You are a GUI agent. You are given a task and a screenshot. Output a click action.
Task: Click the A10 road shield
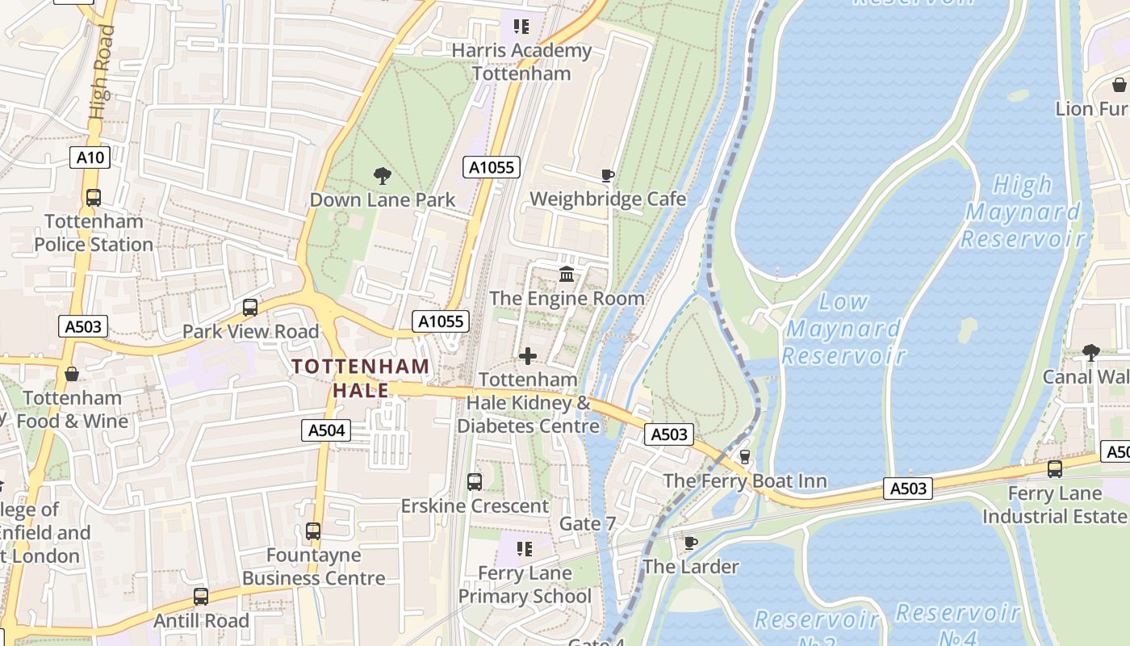(90, 157)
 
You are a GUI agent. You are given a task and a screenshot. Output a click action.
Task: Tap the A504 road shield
(327, 430)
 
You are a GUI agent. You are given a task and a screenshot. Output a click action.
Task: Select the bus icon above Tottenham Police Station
(94, 198)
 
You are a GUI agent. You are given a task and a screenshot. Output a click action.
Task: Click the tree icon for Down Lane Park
(383, 176)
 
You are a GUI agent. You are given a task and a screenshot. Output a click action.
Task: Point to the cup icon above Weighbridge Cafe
(608, 176)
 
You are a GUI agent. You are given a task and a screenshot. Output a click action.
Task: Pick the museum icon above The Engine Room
(567, 275)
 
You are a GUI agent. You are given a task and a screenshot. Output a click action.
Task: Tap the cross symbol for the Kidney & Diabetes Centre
(528, 356)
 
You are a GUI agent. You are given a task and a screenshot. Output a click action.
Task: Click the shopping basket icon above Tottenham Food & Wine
(72, 375)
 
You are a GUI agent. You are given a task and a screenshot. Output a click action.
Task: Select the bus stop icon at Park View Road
(250, 308)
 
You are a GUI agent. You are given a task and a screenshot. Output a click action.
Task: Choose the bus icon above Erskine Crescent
(475, 482)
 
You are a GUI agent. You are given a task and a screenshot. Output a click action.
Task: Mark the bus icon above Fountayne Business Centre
(313, 531)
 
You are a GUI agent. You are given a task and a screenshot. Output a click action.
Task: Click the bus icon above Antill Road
(201, 597)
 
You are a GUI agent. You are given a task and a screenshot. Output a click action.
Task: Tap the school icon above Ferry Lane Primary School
(525, 550)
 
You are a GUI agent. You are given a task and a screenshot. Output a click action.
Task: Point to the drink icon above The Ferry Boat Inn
(745, 457)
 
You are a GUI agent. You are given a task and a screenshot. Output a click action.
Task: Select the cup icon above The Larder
(690, 543)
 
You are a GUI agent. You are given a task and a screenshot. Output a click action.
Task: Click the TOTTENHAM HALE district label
(361, 378)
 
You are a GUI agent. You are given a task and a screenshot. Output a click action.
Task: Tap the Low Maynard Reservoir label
(843, 329)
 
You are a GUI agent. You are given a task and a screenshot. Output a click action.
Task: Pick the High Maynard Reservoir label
(1023, 212)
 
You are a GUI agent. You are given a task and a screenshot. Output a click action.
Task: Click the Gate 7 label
(588, 524)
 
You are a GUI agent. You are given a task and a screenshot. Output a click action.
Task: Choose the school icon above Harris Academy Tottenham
(521, 27)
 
